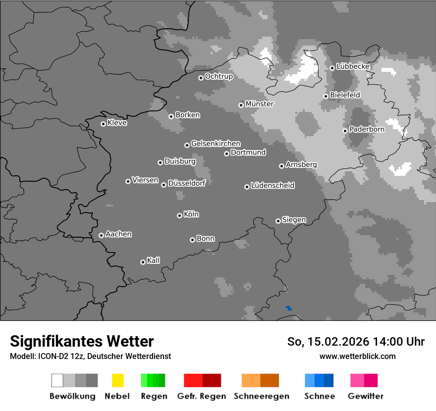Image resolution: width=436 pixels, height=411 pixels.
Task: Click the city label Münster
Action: (x=260, y=104)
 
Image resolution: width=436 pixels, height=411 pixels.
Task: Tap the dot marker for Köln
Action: (x=179, y=215)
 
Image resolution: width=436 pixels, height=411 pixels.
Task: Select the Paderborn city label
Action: (x=367, y=129)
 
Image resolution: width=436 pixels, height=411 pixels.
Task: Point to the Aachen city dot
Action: (x=101, y=235)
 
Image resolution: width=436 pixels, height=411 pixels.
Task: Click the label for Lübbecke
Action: (x=353, y=66)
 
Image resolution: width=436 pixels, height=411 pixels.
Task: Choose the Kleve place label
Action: (x=117, y=123)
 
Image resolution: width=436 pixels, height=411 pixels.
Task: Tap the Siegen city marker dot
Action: (x=278, y=221)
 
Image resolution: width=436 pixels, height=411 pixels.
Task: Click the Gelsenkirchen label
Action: (x=216, y=144)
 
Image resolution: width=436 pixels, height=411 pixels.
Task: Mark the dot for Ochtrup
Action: (x=201, y=77)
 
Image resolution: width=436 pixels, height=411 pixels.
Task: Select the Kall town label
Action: (x=154, y=260)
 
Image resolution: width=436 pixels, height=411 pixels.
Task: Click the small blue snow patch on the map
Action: (x=289, y=308)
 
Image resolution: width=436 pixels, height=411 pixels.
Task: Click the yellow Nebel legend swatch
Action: (x=117, y=380)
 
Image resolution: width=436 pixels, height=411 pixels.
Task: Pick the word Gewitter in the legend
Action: (x=366, y=396)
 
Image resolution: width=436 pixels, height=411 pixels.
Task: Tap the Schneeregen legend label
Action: (x=262, y=396)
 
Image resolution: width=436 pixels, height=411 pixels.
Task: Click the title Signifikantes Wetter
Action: (x=82, y=341)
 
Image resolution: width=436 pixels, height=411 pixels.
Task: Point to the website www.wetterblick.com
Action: (x=357, y=356)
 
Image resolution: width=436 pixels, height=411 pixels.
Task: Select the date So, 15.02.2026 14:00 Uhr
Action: (x=356, y=342)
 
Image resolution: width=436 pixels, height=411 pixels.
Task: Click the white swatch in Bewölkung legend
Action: (x=57, y=380)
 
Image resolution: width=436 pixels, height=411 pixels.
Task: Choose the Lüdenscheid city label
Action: (x=272, y=186)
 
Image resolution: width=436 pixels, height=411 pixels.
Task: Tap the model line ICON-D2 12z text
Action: (x=90, y=356)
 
